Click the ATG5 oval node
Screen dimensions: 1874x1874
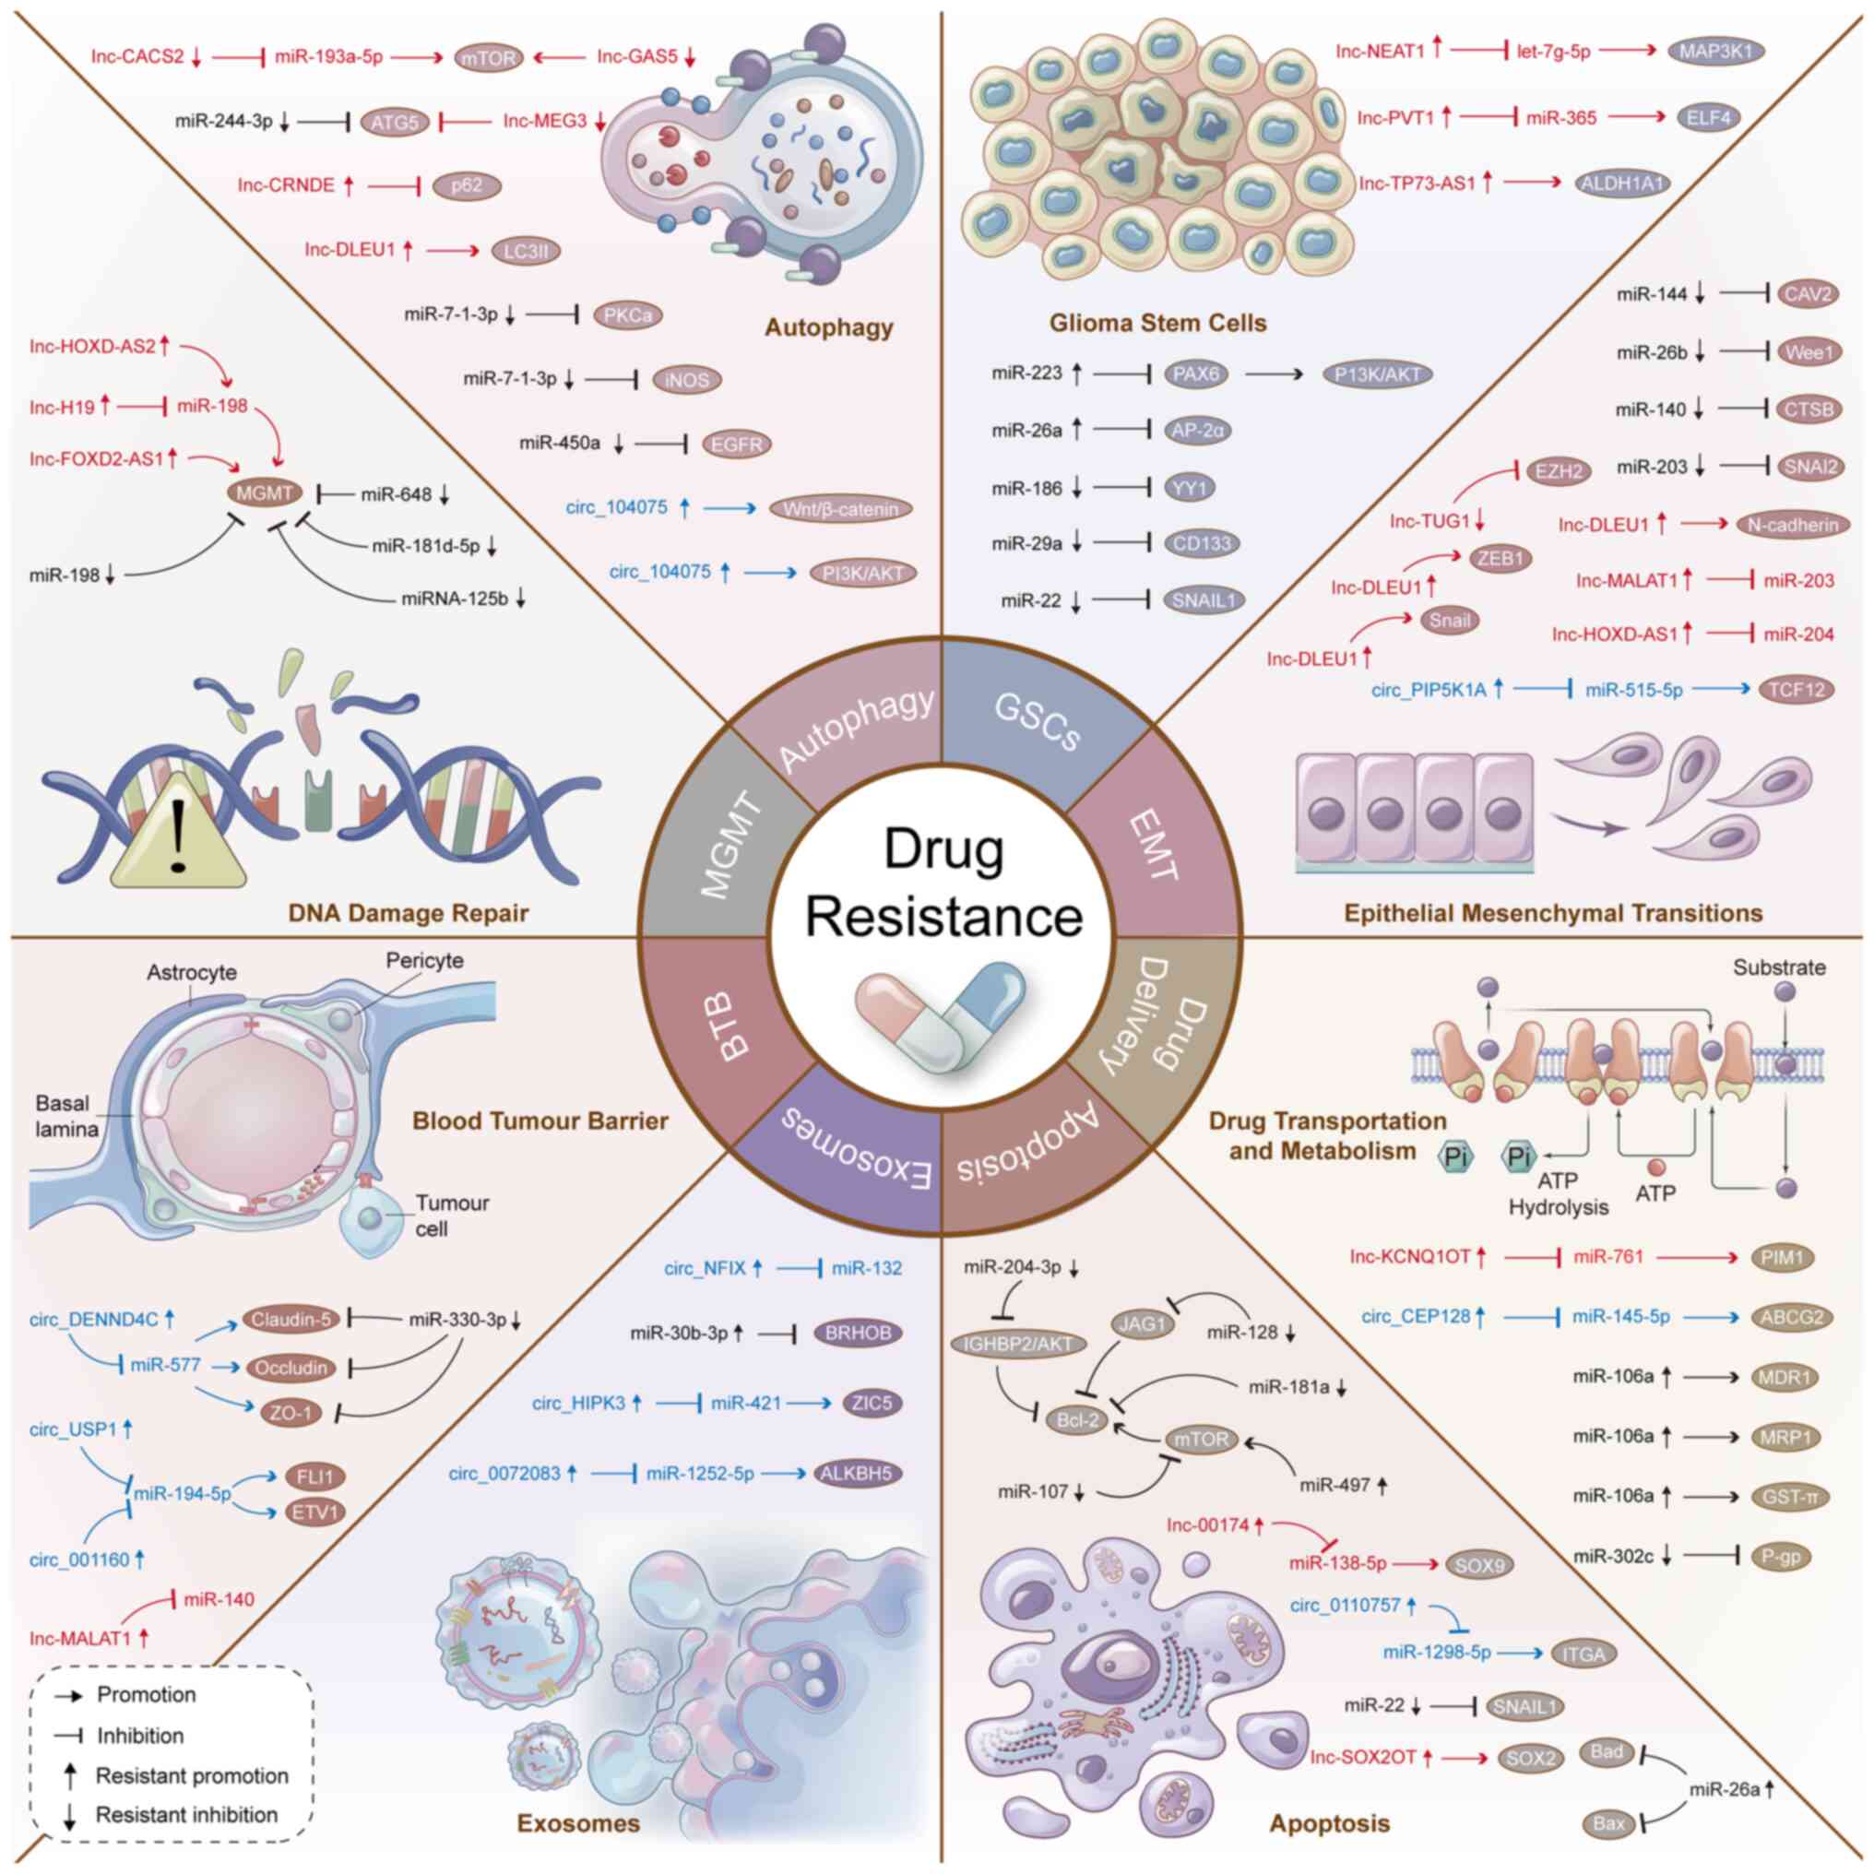[394, 123]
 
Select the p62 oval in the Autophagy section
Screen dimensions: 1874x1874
[467, 185]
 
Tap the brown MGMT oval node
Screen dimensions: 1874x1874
[264, 492]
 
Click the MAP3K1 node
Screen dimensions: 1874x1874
[1716, 52]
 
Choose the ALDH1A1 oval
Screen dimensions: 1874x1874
[1623, 183]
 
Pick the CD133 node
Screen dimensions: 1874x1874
[1202, 543]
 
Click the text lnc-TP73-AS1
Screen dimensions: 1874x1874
[1417, 183]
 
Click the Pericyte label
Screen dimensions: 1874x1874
[425, 960]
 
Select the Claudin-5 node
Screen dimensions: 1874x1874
[292, 1319]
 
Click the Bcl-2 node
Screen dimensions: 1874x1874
[1078, 1421]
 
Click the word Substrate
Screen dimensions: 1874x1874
[1779, 967]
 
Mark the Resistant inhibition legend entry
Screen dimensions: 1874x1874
[185, 1814]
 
